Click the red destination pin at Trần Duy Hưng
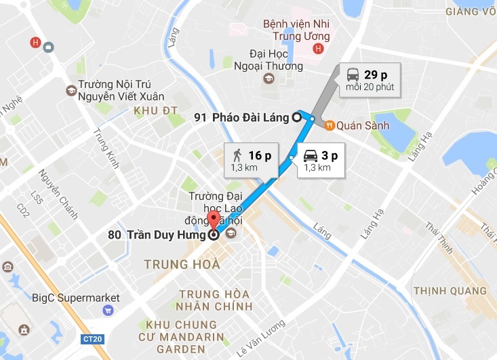pos(214,221)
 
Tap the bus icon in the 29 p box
pos(353,74)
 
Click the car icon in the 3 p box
pos(311,155)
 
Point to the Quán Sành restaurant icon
pos(329,124)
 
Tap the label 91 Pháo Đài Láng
pos(241,117)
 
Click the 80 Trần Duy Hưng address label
pos(156,236)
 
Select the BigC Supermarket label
pos(76,298)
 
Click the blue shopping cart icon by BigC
pos(107,311)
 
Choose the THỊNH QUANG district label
pos(450,290)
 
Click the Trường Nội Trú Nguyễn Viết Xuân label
pos(118,92)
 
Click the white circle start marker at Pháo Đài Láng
pos(296,117)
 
